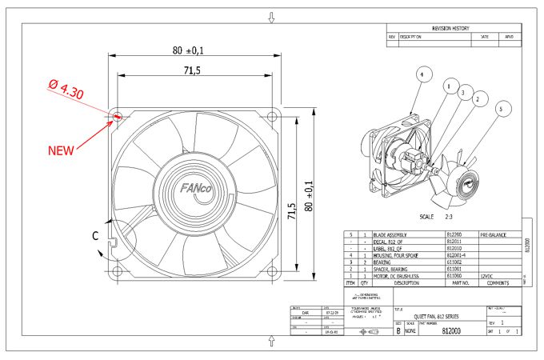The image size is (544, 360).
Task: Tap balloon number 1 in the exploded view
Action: [449, 84]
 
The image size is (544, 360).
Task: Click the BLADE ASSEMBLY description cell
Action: [397, 235]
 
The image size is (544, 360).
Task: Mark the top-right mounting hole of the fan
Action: [274, 116]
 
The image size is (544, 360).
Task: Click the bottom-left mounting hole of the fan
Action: [118, 271]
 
